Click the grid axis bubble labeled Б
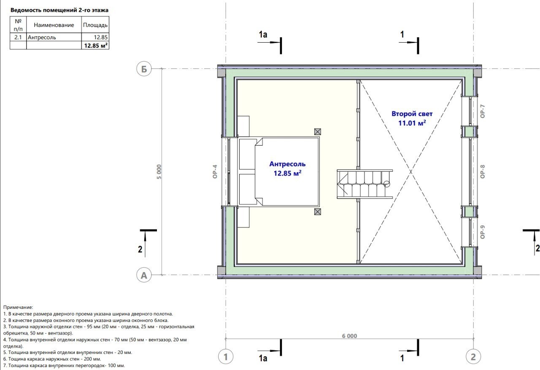pyautogui.click(x=144, y=69)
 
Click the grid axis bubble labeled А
pyautogui.click(x=144, y=275)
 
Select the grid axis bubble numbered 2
pyautogui.click(x=473, y=356)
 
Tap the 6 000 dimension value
pyautogui.click(x=349, y=336)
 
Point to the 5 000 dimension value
pyautogui.click(x=159, y=172)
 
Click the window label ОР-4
pyautogui.click(x=215, y=171)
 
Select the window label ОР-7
pyautogui.click(x=482, y=111)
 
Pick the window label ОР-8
pyautogui.click(x=482, y=171)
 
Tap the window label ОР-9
pyautogui.click(x=482, y=232)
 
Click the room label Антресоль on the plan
pyautogui.click(x=287, y=164)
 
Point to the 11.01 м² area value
pyautogui.click(x=412, y=123)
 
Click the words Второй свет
pyautogui.click(x=412, y=113)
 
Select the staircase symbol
pyautogui.click(x=364, y=184)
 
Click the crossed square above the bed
pyautogui.click(x=318, y=132)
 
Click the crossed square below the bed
pyautogui.click(x=318, y=212)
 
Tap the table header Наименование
pyautogui.click(x=54, y=25)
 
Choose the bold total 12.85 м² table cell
pyautogui.click(x=96, y=45)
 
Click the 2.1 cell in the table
pyautogui.click(x=18, y=37)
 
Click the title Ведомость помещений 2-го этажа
pyautogui.click(x=59, y=10)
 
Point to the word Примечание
pyautogui.click(x=18, y=307)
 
